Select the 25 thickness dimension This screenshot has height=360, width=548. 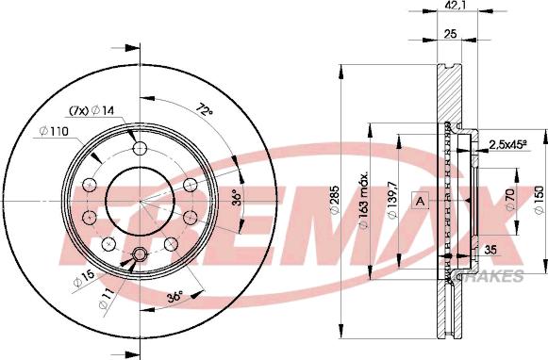pyautogui.click(x=451, y=34)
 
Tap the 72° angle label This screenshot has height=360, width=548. pyautogui.click(x=205, y=111)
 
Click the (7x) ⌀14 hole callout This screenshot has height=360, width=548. pyautogui.click(x=91, y=110)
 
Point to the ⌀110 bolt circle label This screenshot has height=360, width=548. pyautogui.click(x=54, y=132)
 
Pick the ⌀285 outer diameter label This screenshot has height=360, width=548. pyautogui.click(x=335, y=200)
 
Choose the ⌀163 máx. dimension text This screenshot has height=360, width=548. pyautogui.click(x=363, y=200)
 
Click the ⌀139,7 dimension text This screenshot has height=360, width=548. pyautogui.click(x=392, y=200)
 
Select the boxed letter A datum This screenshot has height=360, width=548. pyautogui.click(x=421, y=201)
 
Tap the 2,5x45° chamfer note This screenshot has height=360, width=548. pyautogui.click(x=507, y=144)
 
